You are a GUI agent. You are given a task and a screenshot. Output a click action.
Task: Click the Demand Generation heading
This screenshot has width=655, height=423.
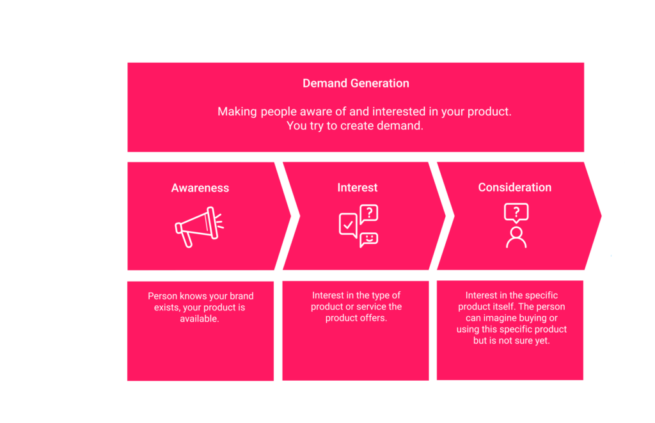point(356,83)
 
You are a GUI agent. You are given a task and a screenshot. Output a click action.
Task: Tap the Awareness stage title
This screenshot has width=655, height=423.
point(200,188)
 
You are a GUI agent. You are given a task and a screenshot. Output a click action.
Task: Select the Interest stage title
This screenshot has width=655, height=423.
point(358,188)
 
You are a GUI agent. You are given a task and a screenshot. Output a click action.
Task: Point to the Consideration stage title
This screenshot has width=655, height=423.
point(515,188)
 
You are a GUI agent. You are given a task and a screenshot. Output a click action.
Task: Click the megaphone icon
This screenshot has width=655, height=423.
point(200,227)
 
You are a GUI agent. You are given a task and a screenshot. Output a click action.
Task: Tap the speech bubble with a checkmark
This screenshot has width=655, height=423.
point(348,225)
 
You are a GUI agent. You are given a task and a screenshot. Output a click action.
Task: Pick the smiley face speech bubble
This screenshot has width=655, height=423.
point(369,240)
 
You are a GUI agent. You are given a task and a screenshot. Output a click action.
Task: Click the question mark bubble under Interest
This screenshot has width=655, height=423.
point(369,214)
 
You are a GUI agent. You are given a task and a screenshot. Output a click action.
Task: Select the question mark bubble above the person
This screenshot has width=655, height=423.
point(516,212)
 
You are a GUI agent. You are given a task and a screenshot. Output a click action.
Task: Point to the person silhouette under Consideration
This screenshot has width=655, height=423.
point(516,237)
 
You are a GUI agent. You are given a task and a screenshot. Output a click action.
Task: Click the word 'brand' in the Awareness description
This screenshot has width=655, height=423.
point(242,296)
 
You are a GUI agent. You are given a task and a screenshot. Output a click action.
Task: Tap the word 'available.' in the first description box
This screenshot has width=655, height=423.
point(200,319)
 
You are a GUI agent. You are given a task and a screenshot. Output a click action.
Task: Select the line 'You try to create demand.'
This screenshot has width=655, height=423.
point(355,126)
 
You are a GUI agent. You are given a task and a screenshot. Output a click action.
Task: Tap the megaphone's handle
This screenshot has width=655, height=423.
point(187,240)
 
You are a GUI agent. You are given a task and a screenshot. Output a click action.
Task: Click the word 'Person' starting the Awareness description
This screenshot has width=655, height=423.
point(162,296)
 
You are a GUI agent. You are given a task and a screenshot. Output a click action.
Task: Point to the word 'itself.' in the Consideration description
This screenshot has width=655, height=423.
point(504,307)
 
